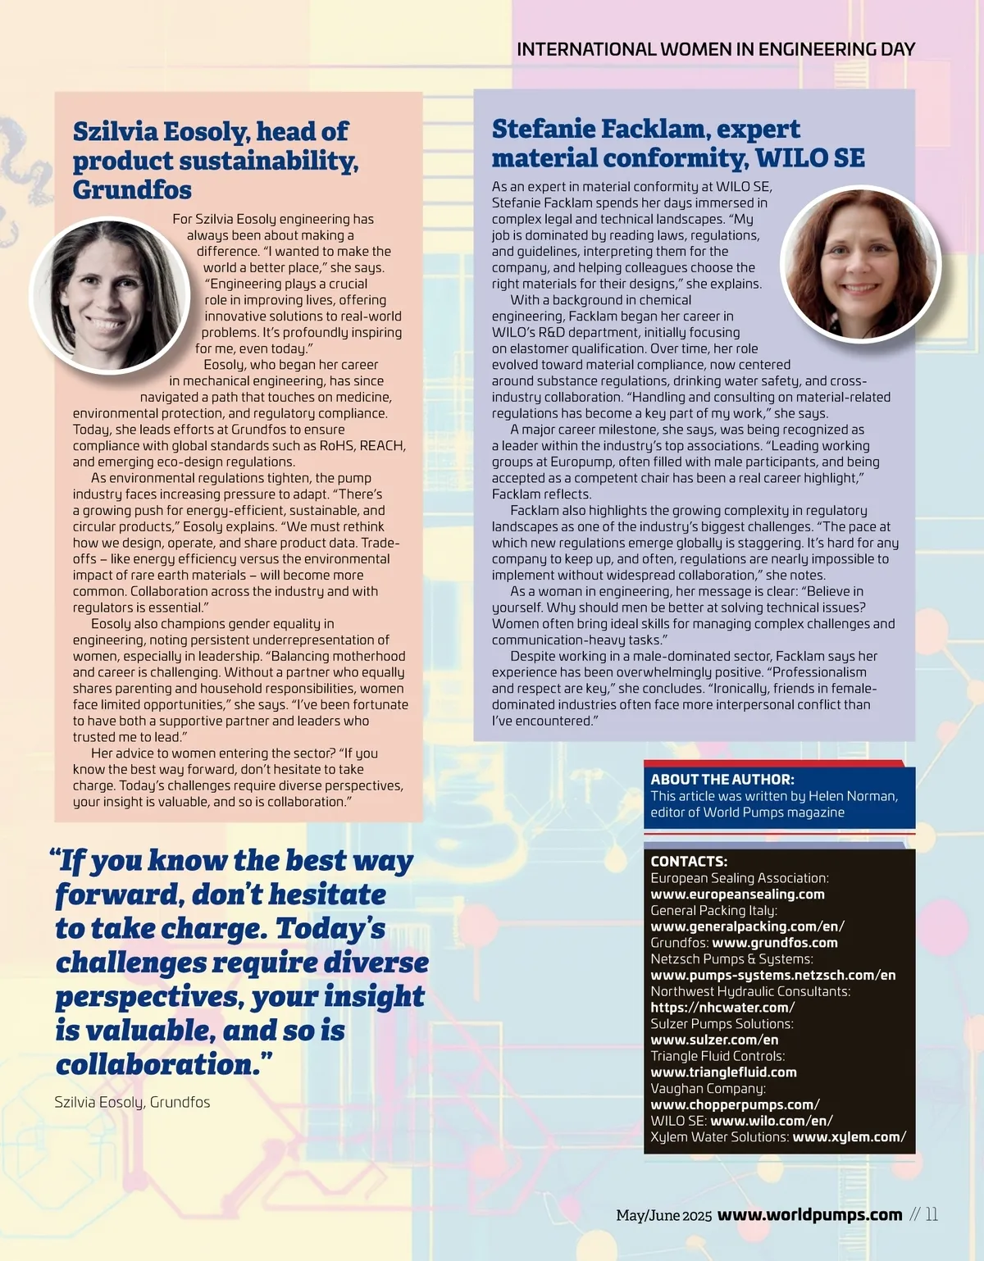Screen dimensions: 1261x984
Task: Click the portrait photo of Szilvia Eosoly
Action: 110,294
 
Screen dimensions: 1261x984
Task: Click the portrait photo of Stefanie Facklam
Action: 859,265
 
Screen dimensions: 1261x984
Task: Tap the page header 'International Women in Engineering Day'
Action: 716,49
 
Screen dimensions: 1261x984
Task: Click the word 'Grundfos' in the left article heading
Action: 132,190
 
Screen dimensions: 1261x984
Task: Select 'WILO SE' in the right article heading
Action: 809,157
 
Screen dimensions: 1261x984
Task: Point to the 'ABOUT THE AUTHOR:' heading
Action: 722,780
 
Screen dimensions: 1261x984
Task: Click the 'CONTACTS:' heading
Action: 689,862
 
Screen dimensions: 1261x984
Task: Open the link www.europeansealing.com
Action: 737,895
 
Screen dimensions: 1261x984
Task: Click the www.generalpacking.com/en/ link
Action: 747,926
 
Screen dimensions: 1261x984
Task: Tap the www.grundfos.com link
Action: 774,943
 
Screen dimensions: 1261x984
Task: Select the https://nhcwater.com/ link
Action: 722,1008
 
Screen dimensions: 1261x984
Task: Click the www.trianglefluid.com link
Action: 723,1072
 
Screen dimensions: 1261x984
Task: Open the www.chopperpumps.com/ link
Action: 735,1104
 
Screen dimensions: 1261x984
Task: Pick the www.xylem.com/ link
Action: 849,1137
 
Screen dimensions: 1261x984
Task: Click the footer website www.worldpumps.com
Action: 809,1215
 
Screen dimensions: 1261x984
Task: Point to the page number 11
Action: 932,1215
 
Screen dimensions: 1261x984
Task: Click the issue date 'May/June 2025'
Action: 663,1216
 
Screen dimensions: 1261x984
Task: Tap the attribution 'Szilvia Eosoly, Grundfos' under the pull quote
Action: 132,1102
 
